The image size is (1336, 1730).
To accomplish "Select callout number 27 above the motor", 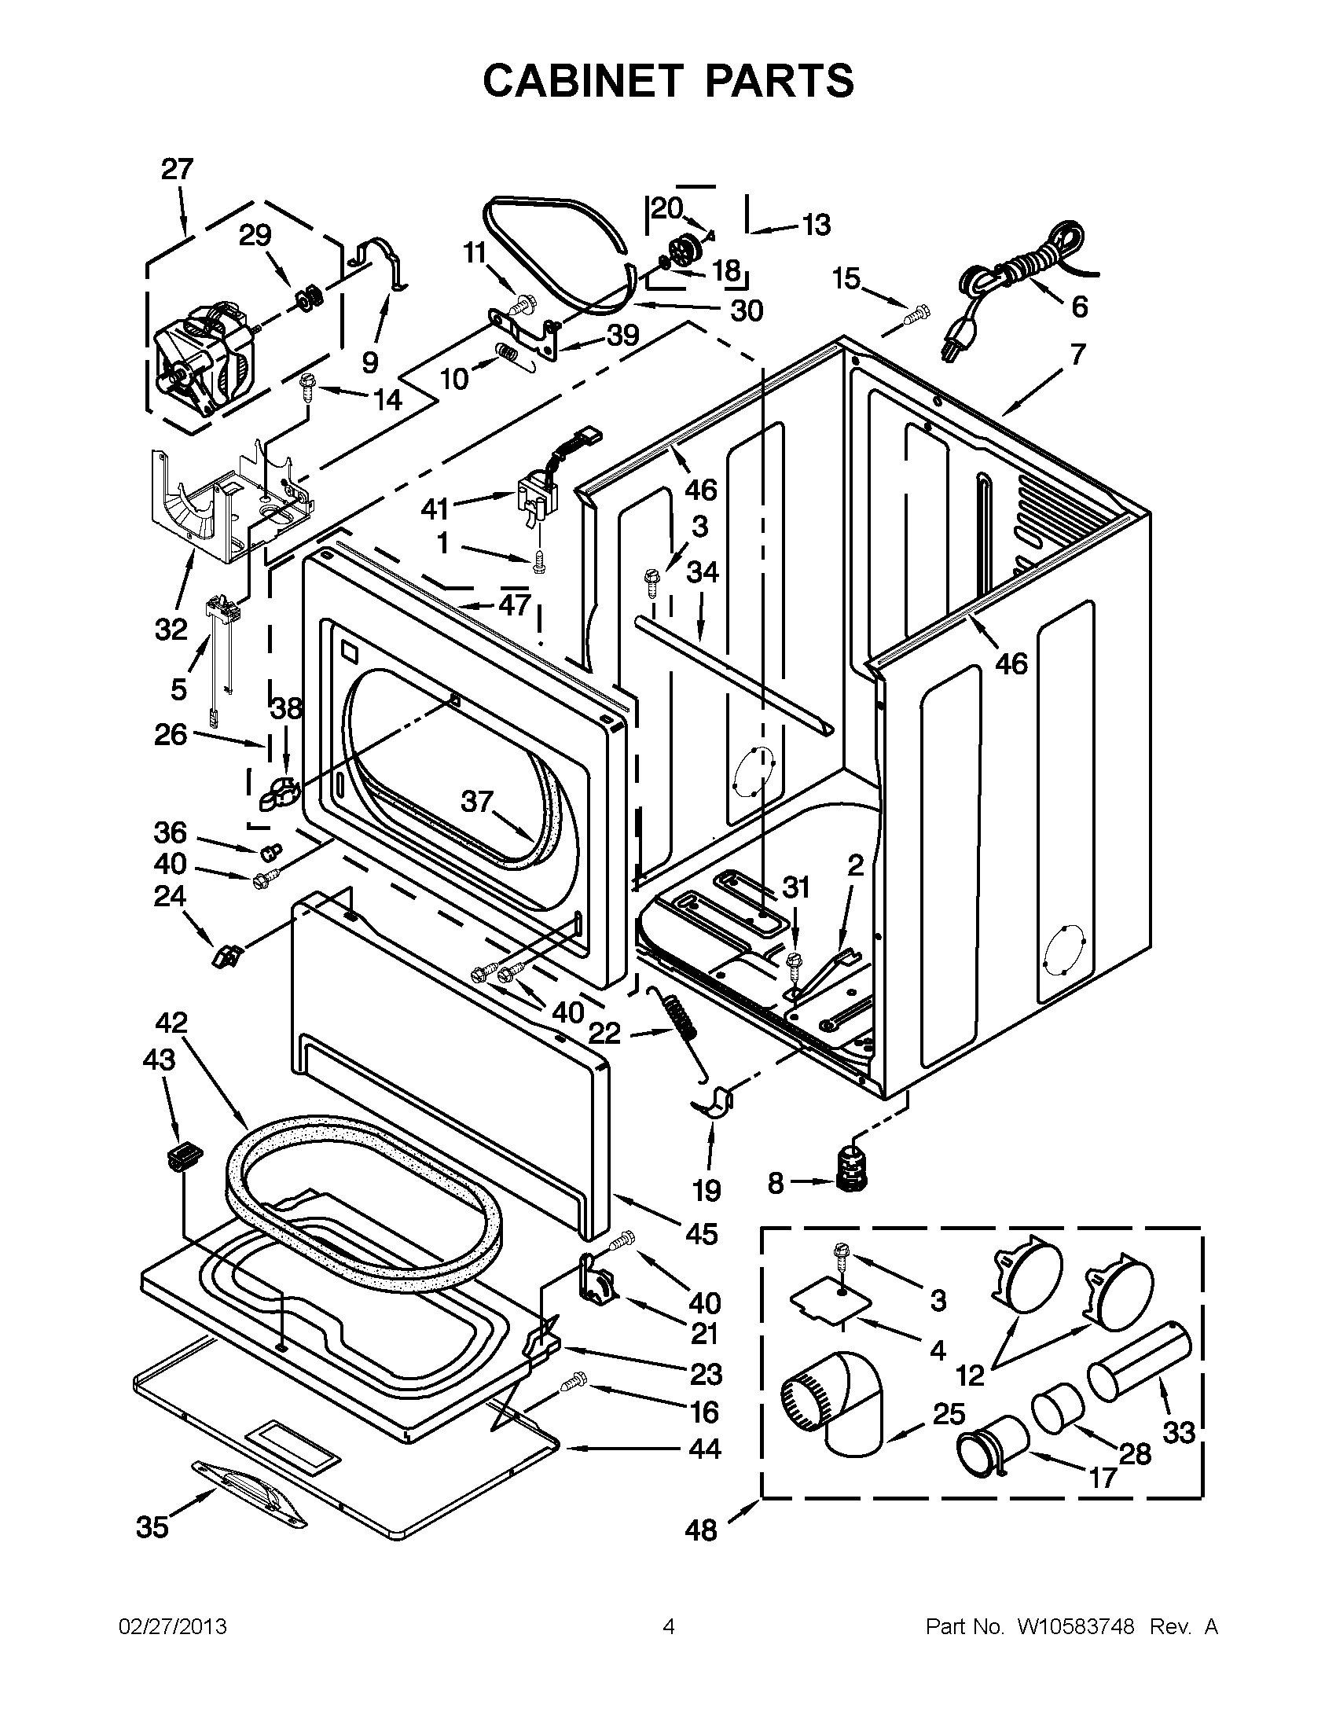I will point(178,169).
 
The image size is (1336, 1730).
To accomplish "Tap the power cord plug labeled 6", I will point(950,345).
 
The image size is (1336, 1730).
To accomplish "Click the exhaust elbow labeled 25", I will point(842,1402).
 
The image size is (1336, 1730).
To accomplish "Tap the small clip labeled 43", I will point(183,1155).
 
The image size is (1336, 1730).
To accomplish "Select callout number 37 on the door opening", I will point(477,802).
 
